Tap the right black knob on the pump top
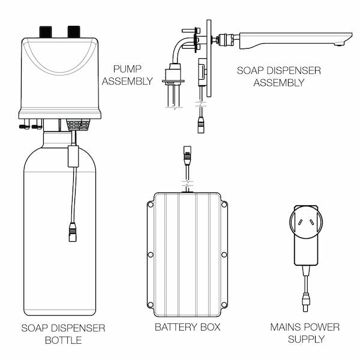click(x=74, y=31)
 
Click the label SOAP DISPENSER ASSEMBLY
click(x=278, y=76)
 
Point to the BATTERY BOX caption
click(x=187, y=327)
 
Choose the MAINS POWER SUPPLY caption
click(x=305, y=333)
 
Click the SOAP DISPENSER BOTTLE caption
click(x=63, y=334)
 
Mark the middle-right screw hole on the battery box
click(x=224, y=254)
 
